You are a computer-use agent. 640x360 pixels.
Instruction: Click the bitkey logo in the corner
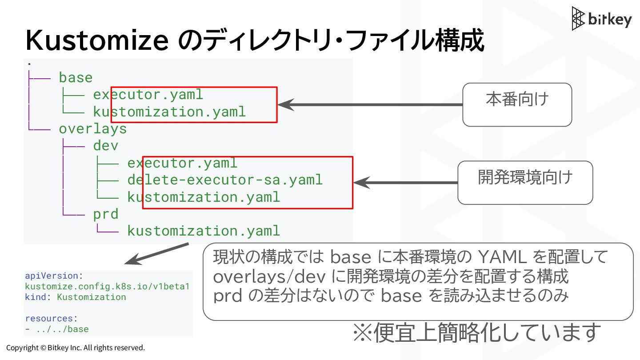601,19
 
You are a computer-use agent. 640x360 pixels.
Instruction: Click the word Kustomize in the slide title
97,41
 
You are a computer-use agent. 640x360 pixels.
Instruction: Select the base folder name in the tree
76,77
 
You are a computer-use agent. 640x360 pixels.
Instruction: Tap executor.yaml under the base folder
148,94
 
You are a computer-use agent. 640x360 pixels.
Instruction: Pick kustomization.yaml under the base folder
169,112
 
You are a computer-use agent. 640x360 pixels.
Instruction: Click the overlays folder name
92,128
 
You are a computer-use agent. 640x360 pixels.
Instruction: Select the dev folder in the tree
105,145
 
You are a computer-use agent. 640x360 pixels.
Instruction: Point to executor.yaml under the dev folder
182,163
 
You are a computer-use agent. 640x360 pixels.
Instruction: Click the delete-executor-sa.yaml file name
225,180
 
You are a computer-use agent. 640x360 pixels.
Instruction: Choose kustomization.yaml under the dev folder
204,197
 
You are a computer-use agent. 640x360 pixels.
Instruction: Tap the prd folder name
105,214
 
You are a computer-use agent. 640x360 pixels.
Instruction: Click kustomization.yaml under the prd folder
204,231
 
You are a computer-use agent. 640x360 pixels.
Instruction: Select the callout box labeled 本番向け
517,104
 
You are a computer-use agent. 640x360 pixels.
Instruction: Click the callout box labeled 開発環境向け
525,182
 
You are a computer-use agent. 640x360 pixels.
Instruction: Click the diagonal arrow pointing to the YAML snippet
156,253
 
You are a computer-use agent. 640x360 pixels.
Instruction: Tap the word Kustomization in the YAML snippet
91,297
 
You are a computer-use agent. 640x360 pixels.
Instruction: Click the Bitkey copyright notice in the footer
76,348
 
